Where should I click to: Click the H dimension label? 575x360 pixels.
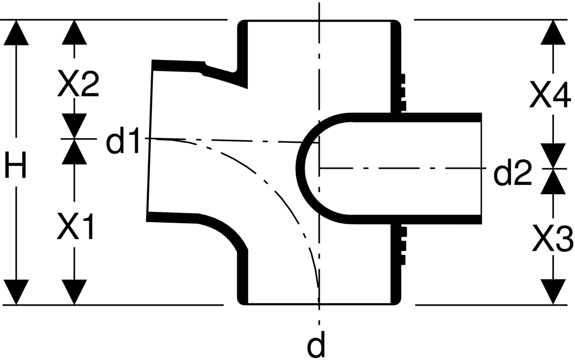pyautogui.click(x=16, y=164)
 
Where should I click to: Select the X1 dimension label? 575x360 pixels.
pyautogui.click(x=75, y=226)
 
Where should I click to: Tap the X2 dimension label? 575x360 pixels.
pyautogui.click(x=78, y=83)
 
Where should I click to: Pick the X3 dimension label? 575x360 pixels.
pyautogui.click(x=552, y=238)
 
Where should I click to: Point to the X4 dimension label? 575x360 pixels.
pyautogui.click(x=550, y=94)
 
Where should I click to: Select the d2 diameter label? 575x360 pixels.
pyautogui.click(x=512, y=172)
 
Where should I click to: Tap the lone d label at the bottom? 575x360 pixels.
pyautogui.click(x=316, y=344)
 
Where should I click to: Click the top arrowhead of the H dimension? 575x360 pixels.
pyautogui.click(x=16, y=33)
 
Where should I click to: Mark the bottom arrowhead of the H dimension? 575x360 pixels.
pyautogui.click(x=16, y=292)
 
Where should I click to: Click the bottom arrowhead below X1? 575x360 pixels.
pyautogui.click(x=74, y=292)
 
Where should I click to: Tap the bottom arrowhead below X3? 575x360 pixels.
pyautogui.click(x=553, y=292)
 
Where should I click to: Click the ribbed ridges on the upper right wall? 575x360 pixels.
pyautogui.click(x=403, y=93)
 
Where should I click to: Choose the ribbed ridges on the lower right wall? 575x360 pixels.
pyautogui.click(x=403, y=246)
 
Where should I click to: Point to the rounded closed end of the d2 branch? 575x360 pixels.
pyautogui.click(x=300, y=168)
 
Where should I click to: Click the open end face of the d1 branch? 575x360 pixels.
pyautogui.click(x=150, y=141)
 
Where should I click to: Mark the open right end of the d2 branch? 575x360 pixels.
pyautogui.click(x=481, y=168)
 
